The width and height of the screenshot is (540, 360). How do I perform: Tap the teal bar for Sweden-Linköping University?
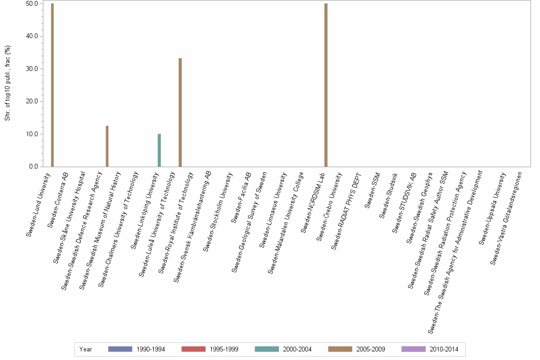pos(159,150)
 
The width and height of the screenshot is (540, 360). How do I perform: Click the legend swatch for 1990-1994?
pos(120,349)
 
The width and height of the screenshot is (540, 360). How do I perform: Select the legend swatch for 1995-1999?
pos(193,349)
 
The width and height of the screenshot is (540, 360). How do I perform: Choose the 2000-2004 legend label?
pos(298,349)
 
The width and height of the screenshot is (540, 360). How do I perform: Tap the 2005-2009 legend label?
pos(371,349)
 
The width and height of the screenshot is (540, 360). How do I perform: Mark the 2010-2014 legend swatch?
pos(413,349)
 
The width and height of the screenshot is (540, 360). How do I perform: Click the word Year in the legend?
pos(86,349)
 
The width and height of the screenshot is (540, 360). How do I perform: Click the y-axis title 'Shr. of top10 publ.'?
pos(8,83)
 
